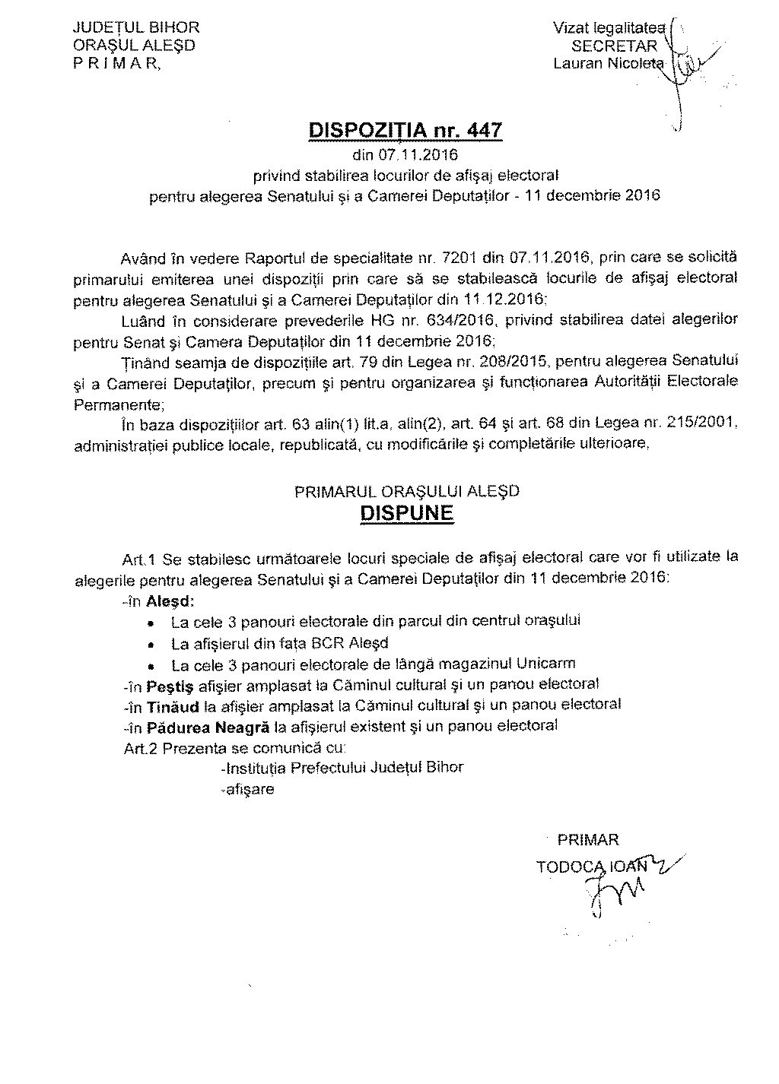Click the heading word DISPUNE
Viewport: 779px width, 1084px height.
[x=406, y=513]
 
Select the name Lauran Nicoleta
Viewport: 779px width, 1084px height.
[x=609, y=63]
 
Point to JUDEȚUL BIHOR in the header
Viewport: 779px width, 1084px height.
[x=135, y=28]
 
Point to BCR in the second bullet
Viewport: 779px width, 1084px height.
[x=329, y=643]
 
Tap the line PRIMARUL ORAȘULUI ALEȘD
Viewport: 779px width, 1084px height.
[x=406, y=491]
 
